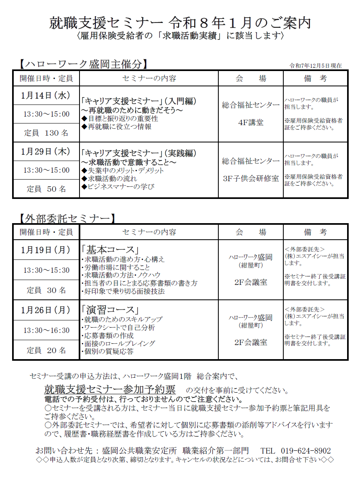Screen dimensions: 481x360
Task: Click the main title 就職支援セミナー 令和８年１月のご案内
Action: tap(180, 23)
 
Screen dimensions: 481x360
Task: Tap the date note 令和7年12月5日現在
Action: tap(316, 66)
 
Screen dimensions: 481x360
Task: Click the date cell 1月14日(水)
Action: tap(46, 96)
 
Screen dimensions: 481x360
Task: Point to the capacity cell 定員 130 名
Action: tap(46, 133)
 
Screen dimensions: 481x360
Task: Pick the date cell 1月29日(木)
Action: tap(46, 152)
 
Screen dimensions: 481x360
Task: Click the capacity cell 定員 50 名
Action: tap(46, 188)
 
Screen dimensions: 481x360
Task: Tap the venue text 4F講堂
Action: tap(251, 122)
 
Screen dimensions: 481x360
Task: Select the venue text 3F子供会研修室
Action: tap(251, 178)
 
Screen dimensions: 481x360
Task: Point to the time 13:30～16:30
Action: tap(46, 330)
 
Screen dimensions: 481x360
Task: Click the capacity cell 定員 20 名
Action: tap(46, 350)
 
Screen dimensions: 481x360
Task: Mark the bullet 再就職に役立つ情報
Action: tap(117, 127)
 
